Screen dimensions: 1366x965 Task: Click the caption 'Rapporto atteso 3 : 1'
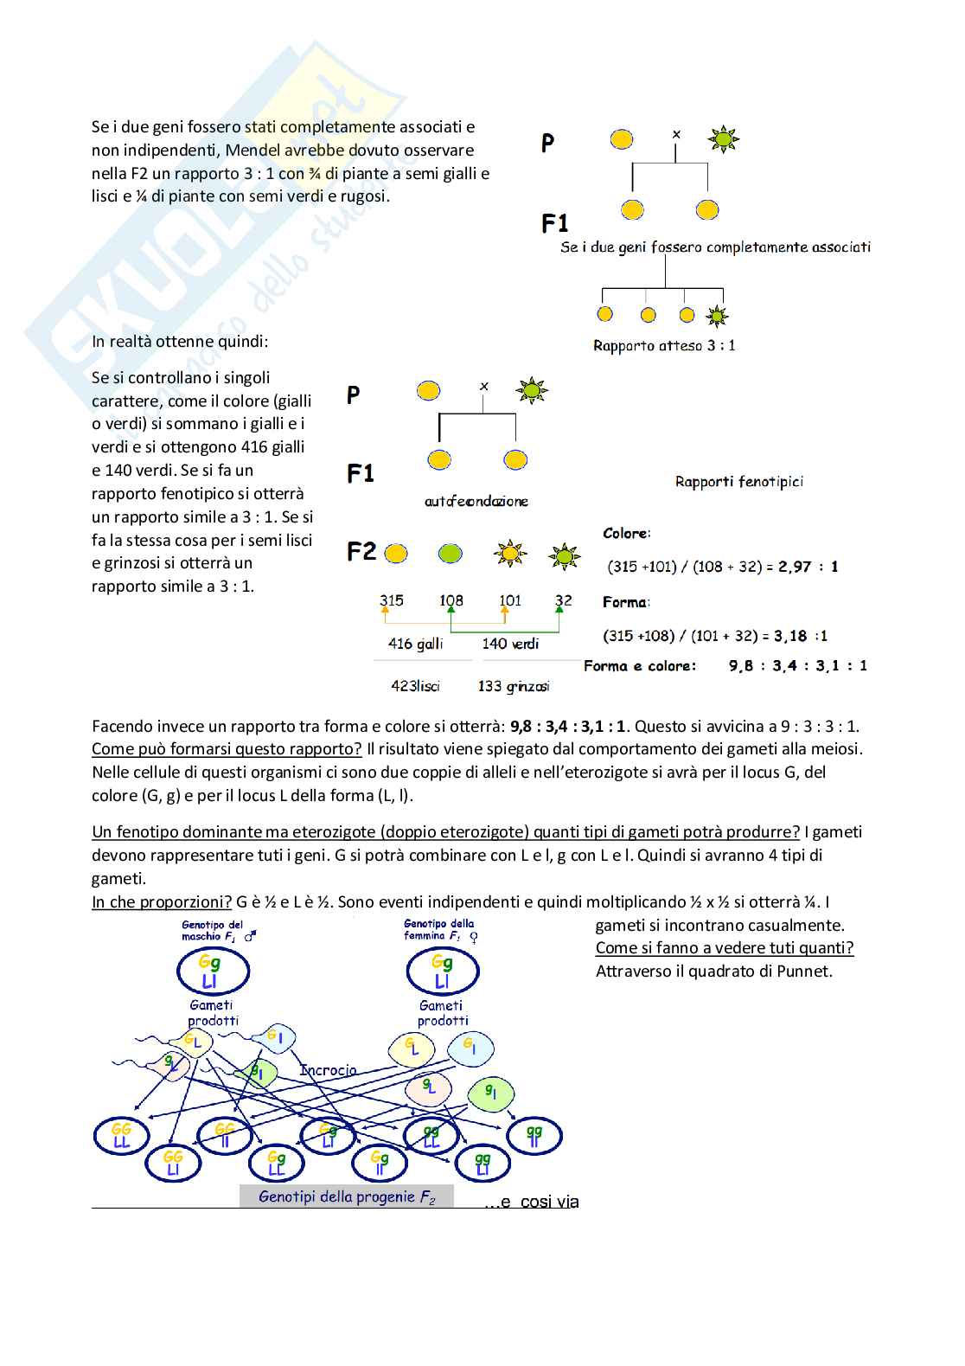tap(664, 346)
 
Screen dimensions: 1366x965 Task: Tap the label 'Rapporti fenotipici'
tap(738, 482)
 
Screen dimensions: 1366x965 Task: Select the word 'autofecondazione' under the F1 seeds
tap(476, 502)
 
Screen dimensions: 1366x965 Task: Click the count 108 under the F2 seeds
tap(451, 600)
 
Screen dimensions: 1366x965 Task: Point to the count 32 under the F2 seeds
tap(563, 600)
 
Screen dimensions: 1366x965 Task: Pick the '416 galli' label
tap(415, 644)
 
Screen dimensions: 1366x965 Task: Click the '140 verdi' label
tap(510, 644)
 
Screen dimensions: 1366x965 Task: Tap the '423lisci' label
tap(415, 686)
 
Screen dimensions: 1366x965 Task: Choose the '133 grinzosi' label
tap(513, 686)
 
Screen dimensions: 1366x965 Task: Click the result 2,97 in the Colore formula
tap(795, 567)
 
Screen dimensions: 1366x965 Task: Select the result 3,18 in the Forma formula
tap(790, 636)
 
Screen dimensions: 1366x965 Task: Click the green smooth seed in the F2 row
tap(450, 554)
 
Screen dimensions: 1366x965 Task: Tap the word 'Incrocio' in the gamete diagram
tap(328, 1070)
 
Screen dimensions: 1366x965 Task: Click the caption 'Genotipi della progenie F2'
tap(347, 1197)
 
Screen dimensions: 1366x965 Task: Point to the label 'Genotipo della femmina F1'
tap(439, 930)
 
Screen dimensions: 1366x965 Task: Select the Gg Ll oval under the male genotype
tap(212, 972)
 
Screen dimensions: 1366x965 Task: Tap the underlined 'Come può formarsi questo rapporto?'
tap(227, 749)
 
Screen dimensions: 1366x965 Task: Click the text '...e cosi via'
tap(531, 1202)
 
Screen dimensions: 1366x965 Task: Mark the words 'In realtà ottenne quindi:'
tap(180, 342)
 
